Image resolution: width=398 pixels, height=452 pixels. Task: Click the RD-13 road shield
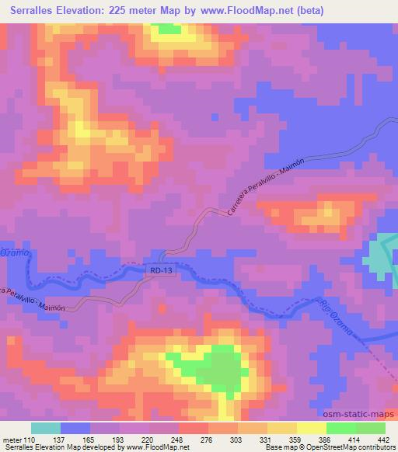click(158, 269)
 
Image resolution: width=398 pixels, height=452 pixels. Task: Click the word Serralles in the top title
click(40, 11)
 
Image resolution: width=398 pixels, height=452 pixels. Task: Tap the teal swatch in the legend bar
click(45, 428)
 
